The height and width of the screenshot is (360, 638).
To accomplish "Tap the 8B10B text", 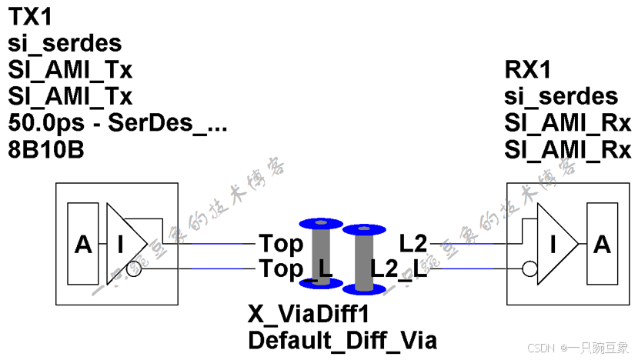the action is click(45, 149).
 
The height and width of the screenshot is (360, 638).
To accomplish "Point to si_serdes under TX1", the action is click(65, 45).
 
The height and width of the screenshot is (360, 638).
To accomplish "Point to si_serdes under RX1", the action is click(561, 96).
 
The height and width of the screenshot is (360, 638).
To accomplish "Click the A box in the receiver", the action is click(602, 245).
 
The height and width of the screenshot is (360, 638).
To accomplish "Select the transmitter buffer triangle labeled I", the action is click(123, 245).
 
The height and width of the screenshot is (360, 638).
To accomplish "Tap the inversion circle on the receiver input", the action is click(528, 270).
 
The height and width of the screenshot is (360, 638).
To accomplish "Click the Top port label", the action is click(281, 245).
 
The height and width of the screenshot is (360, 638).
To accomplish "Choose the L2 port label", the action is click(413, 244).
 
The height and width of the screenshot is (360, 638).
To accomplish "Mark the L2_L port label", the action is click(399, 269).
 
